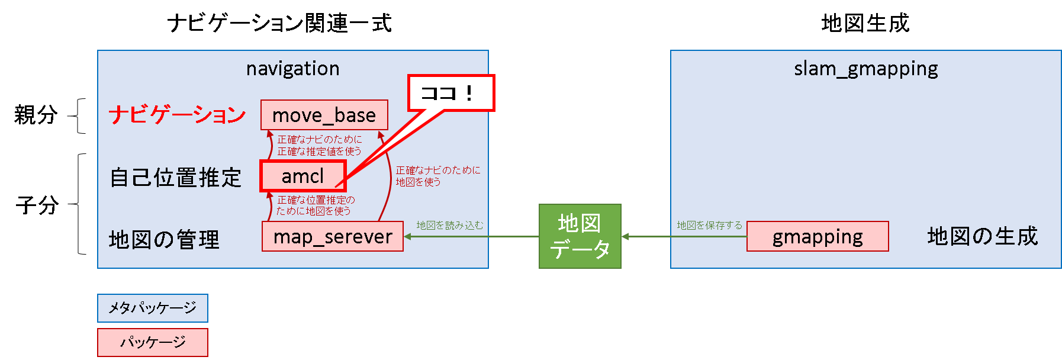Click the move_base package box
click(324, 115)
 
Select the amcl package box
click(302, 176)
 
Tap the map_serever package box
click(332, 236)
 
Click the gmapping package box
click(817, 236)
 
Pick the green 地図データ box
click(580, 236)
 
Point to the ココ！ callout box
click(450, 93)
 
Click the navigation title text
click(292, 69)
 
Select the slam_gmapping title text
click(865, 69)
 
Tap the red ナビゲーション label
click(177, 114)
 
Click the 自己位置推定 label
click(176, 177)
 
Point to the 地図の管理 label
click(164, 239)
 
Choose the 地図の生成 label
click(982, 236)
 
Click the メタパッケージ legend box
click(152, 308)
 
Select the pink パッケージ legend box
click(152, 342)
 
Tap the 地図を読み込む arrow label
click(449, 225)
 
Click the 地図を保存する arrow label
click(709, 225)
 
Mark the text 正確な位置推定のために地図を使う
click(315, 205)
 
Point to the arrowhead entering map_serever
click(408, 236)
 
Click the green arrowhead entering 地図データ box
click(625, 236)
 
